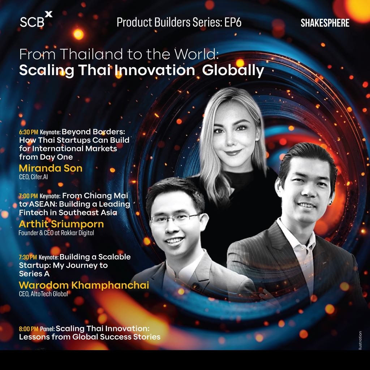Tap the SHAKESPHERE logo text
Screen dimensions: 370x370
click(x=325, y=23)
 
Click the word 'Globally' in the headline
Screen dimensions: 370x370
click(x=233, y=71)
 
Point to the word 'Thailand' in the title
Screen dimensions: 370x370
click(x=91, y=54)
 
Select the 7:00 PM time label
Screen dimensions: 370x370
click(x=28, y=196)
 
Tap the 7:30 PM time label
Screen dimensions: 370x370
click(x=28, y=257)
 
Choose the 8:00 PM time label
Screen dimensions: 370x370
click(x=29, y=329)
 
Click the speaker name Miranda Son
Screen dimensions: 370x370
click(x=51, y=168)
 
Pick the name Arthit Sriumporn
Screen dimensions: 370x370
click(x=61, y=224)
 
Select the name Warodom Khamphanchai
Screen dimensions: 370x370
click(x=84, y=285)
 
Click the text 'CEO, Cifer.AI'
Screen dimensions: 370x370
click(x=34, y=177)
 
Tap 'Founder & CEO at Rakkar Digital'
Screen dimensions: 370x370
click(x=56, y=233)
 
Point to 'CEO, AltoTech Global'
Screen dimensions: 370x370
click(x=43, y=294)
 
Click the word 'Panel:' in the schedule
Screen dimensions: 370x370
click(x=47, y=329)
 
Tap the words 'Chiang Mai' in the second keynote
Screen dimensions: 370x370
click(x=106, y=196)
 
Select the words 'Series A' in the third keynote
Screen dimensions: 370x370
click(x=34, y=274)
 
